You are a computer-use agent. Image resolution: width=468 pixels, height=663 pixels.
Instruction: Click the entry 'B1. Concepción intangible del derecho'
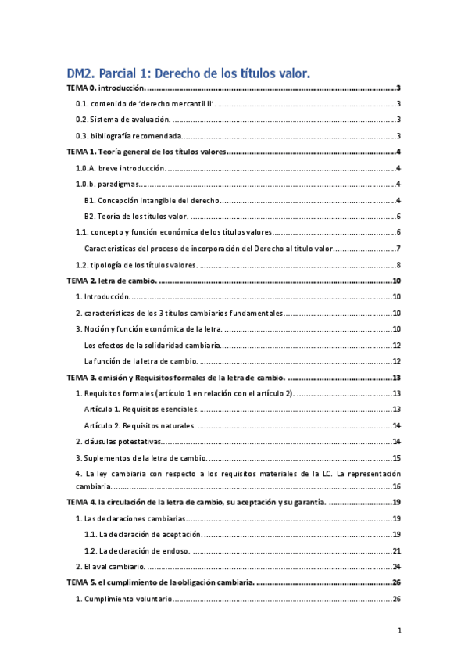point(152,200)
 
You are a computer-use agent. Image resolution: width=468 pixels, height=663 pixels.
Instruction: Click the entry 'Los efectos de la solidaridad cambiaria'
point(152,345)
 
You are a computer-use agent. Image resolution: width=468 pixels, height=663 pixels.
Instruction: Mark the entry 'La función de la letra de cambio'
point(141,360)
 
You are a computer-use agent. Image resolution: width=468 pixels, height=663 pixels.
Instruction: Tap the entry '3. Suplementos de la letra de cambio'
point(141,457)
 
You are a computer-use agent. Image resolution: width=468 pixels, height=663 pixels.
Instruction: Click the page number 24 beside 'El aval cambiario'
point(396,566)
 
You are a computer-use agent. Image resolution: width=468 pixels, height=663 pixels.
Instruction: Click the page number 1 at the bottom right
point(398,631)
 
